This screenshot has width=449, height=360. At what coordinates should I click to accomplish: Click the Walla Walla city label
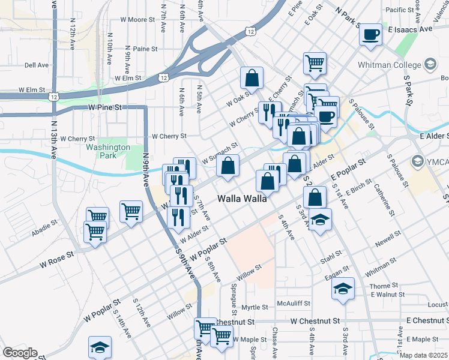[242, 199]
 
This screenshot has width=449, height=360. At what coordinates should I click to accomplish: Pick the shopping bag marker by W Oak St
[252, 78]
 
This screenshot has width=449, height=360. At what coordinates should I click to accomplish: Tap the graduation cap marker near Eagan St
[343, 289]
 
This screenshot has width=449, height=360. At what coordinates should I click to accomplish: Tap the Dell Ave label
[37, 65]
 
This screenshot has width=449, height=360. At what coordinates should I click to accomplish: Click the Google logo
[20, 353]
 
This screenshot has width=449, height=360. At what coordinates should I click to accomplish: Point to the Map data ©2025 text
[423, 355]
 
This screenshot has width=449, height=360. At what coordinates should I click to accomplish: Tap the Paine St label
[145, 49]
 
